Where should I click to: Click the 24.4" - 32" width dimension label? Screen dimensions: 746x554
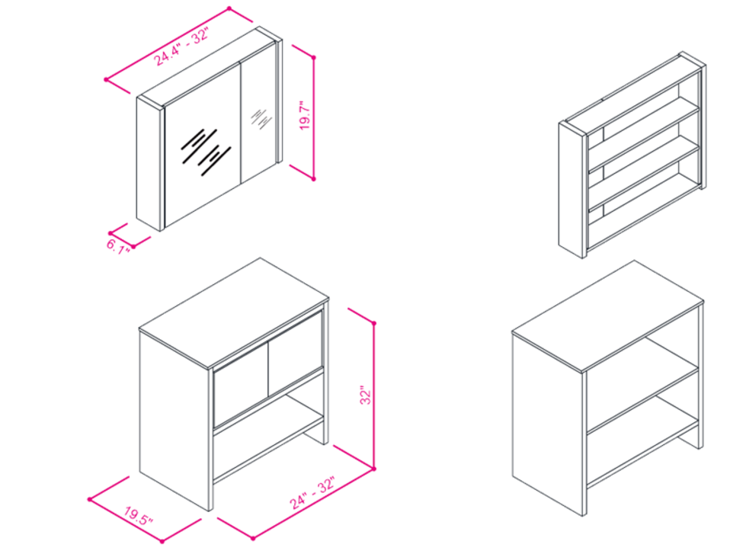click(x=181, y=46)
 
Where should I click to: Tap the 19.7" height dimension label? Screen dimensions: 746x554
click(x=305, y=115)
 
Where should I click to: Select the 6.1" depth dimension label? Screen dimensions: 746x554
click(x=117, y=247)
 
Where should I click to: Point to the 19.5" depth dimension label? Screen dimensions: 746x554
click(x=139, y=516)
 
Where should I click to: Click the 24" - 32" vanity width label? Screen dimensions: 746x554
click(x=313, y=492)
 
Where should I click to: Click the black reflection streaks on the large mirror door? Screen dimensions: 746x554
click(x=206, y=152)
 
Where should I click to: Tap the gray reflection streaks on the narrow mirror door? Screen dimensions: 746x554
click(x=261, y=119)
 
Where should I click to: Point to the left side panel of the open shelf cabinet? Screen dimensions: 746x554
click(x=571, y=190)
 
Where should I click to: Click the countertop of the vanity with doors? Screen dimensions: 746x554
click(x=234, y=313)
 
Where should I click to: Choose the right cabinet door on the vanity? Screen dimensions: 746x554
click(x=296, y=354)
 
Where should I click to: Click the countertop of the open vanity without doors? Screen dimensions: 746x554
click(x=607, y=315)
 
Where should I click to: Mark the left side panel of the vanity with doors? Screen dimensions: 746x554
click(x=174, y=420)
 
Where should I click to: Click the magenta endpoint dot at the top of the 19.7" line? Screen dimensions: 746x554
click(x=313, y=58)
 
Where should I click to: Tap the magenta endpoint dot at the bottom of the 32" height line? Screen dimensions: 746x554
click(x=374, y=469)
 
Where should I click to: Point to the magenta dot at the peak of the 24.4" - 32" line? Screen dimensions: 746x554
click(x=229, y=8)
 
